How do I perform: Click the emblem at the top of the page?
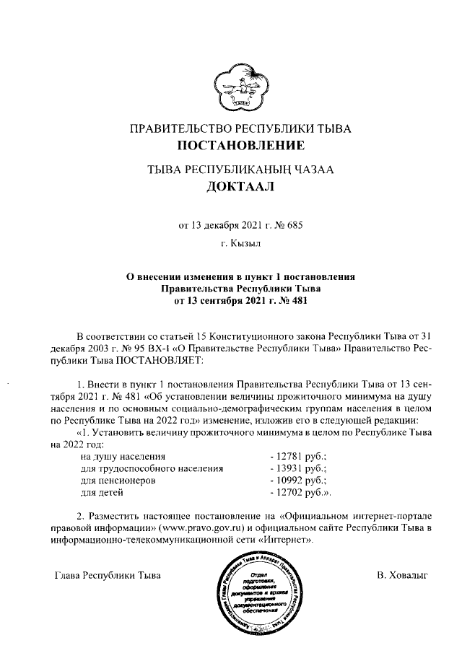pyautogui.click(x=239, y=84)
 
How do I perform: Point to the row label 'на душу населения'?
pyautogui.click(x=123, y=457)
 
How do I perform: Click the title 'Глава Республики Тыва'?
pyautogui.click(x=108, y=576)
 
